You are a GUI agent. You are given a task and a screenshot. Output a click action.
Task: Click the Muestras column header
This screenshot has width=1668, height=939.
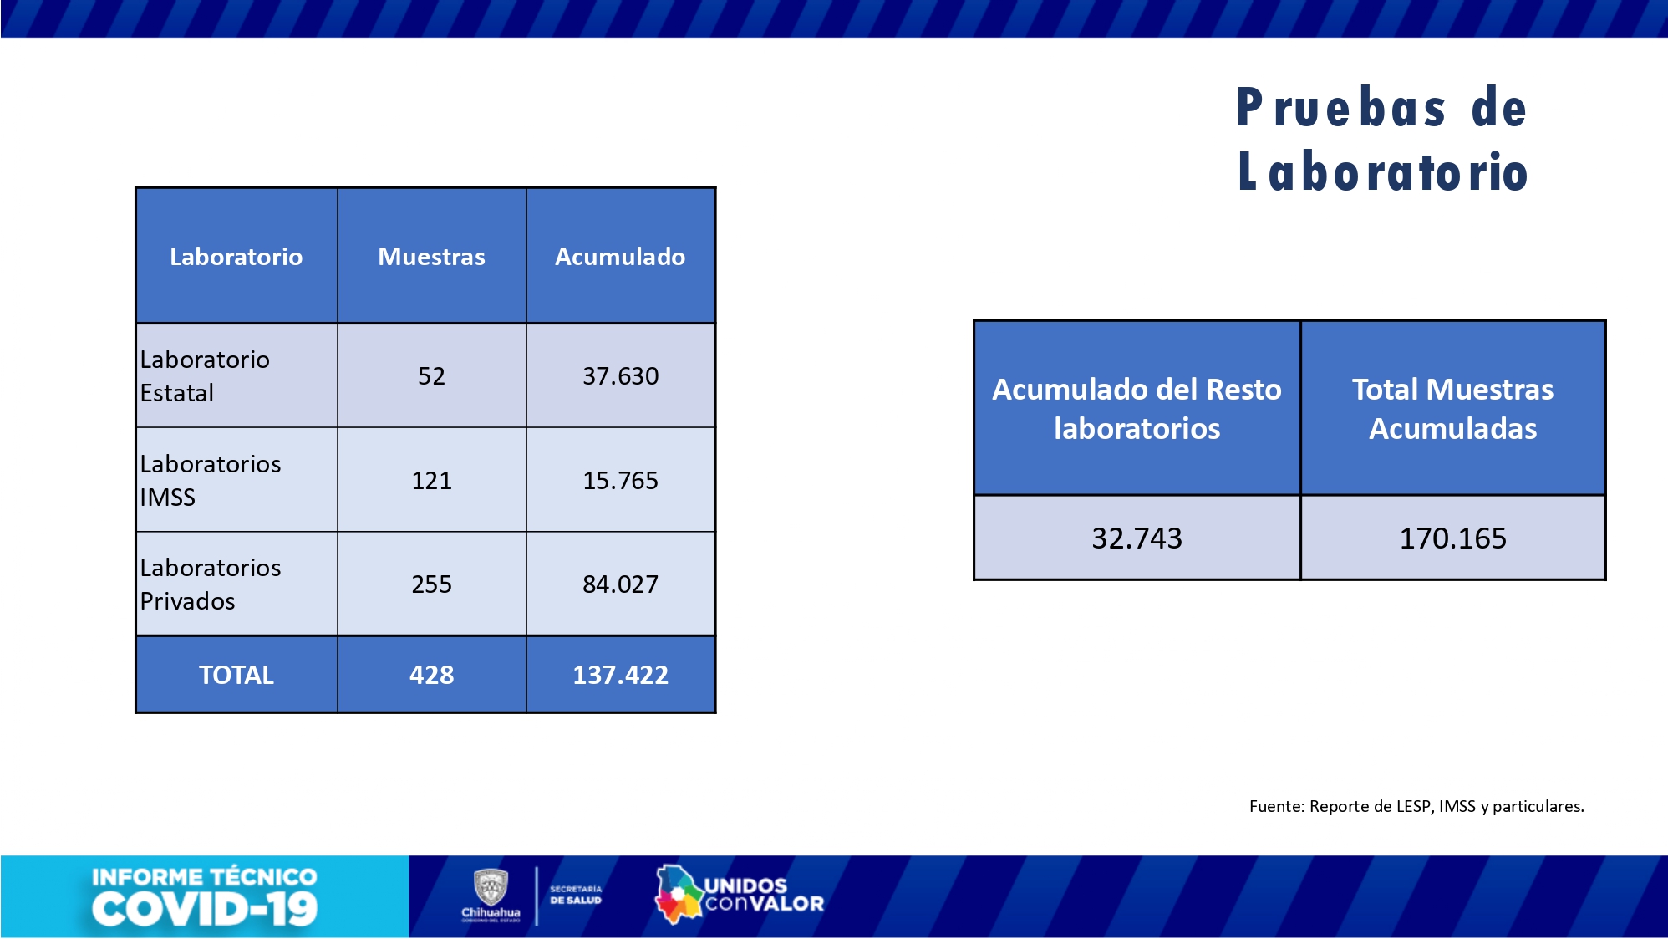click(431, 256)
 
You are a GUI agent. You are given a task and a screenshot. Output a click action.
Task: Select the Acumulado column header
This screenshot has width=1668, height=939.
click(620, 256)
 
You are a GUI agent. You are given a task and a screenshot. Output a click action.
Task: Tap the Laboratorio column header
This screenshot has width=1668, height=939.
click(236, 256)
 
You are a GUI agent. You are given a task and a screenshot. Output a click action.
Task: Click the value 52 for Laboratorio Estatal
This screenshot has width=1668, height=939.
click(431, 376)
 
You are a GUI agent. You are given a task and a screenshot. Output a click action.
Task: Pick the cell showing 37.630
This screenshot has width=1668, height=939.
click(620, 376)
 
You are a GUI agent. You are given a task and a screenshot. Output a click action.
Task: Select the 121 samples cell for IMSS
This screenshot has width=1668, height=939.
click(431, 481)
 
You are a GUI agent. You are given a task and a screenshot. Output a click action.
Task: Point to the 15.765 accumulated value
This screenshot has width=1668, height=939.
click(620, 481)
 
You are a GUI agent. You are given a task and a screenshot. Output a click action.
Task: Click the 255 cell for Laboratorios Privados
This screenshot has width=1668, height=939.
click(431, 584)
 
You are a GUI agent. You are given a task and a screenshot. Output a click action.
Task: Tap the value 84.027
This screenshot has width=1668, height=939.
click(620, 584)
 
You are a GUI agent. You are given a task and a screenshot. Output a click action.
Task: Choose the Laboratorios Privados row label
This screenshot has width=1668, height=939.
click(211, 584)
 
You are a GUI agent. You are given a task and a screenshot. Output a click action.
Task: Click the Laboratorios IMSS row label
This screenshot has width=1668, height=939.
click(211, 481)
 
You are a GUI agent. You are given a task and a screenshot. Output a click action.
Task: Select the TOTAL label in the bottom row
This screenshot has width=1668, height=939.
click(236, 675)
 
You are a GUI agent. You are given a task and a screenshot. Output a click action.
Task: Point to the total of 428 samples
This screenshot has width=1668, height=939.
click(431, 675)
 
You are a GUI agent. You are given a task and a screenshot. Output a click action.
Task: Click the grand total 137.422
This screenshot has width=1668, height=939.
click(620, 675)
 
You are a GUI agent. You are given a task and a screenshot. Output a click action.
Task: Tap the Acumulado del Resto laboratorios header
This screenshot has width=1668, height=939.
click(1137, 409)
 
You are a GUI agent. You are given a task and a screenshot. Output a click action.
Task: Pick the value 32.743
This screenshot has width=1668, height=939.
click(1137, 538)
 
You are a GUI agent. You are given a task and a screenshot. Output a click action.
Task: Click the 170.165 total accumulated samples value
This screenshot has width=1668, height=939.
click(1452, 538)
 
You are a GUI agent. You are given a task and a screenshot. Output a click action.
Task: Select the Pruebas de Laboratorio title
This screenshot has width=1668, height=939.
click(1382, 140)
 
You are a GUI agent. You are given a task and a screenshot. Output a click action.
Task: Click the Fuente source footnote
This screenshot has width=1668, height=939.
click(1416, 806)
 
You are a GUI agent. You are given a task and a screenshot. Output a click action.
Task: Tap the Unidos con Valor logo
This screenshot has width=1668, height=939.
click(740, 895)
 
